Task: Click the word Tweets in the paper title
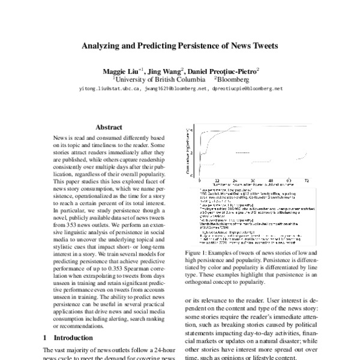click(x=261, y=46)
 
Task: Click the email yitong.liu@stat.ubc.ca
click(x=109, y=88)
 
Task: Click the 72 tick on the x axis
click(x=307, y=180)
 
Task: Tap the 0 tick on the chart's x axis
click(x=199, y=180)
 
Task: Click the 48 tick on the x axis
click(x=271, y=180)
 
